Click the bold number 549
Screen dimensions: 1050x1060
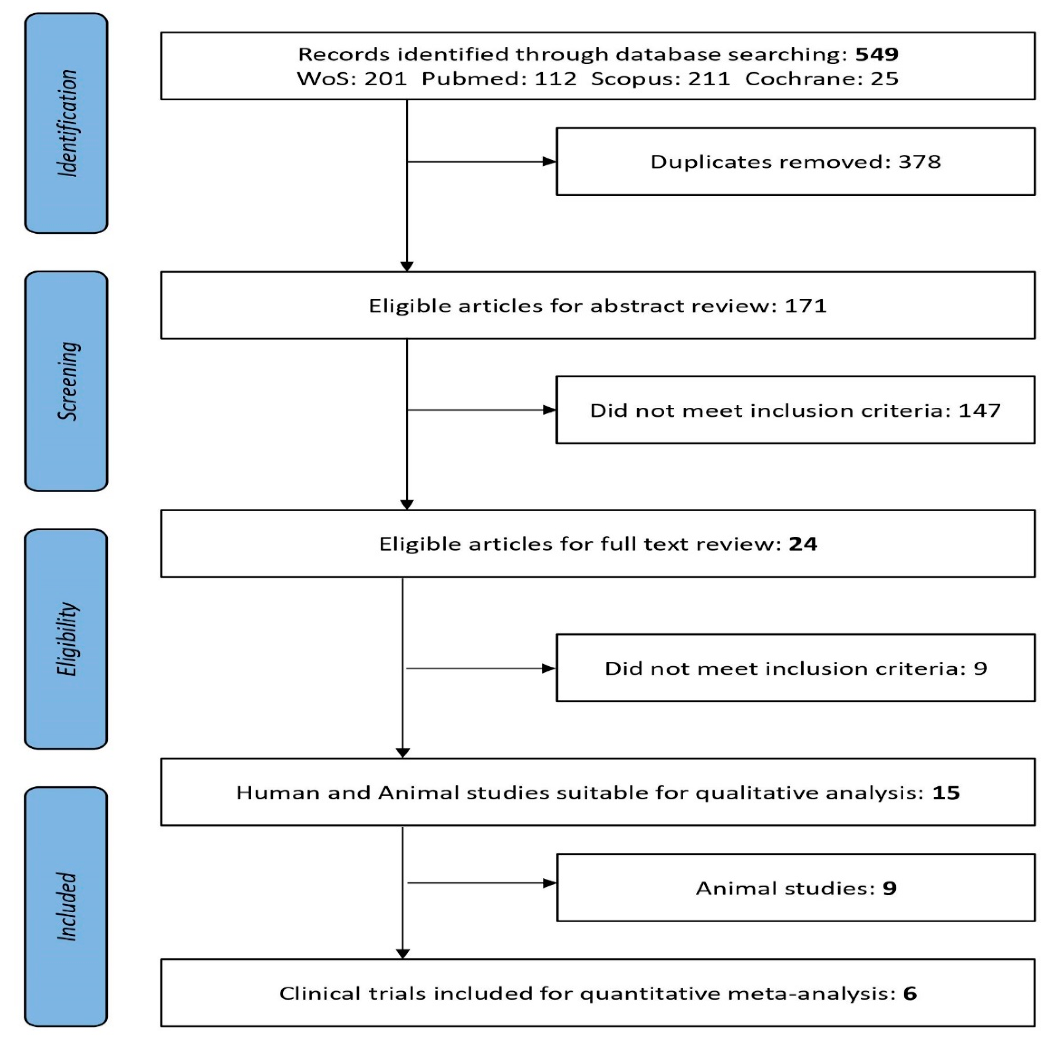(877, 54)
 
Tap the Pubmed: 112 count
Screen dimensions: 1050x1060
(499, 78)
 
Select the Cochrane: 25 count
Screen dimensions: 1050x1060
(821, 78)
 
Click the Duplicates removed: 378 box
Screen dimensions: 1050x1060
(795, 162)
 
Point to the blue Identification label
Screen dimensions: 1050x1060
(66, 123)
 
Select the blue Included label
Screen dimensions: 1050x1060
(66, 906)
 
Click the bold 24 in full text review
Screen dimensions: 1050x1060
(803, 544)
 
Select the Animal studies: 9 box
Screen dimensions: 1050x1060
(795, 888)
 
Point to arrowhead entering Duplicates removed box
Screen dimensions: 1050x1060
(549, 162)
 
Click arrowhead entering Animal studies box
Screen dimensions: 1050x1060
(549, 883)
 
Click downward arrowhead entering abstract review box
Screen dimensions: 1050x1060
(407, 266)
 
